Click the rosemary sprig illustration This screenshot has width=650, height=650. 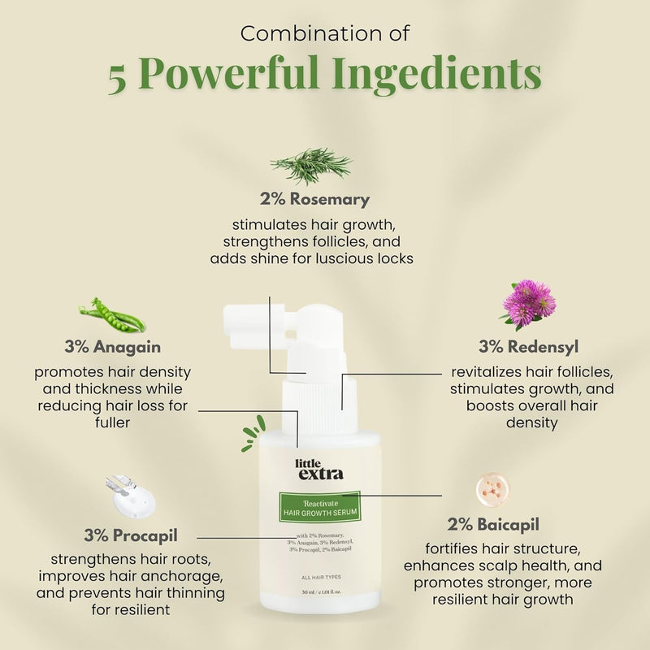311,166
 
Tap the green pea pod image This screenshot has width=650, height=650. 112,315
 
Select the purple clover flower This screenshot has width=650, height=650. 527,304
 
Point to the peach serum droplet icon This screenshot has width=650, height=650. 492,489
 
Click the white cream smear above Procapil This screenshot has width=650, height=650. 131,496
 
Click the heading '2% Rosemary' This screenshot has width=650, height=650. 314,199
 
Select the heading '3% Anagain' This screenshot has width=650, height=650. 112,347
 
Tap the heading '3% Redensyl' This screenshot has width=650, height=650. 528,347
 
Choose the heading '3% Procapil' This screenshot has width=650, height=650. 131,535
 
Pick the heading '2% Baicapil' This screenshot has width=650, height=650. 493,524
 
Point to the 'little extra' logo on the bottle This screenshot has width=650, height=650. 319,470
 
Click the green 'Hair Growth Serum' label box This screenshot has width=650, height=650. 319,508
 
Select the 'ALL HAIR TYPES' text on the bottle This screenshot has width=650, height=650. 321,577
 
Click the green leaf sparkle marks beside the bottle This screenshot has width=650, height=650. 253,434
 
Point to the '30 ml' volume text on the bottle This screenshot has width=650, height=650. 310,592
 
